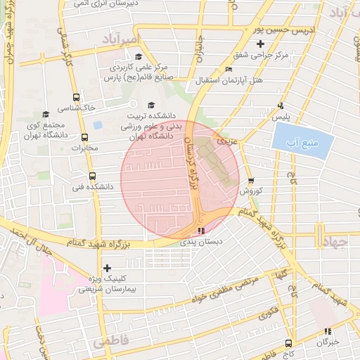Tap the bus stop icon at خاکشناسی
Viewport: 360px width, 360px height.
76,98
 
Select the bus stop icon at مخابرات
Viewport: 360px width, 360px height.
85,138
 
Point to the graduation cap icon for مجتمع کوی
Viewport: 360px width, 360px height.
46,114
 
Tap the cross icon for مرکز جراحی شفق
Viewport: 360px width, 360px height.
260,44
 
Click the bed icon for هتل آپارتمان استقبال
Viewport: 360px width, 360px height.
228,69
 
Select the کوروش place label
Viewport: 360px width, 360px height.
250,191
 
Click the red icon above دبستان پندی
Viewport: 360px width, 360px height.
202,230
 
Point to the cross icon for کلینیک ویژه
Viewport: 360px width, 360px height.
107,268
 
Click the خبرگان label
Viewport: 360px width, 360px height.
328,342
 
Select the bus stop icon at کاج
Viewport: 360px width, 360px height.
289,343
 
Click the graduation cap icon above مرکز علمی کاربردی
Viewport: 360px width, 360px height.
139,57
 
